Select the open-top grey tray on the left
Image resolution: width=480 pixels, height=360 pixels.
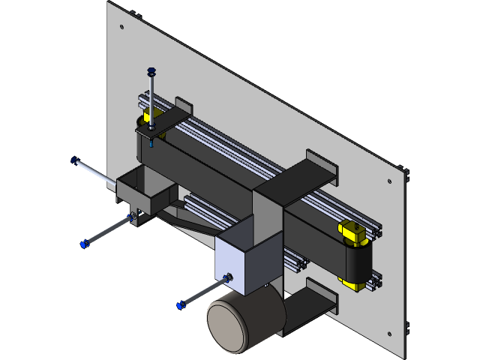142,187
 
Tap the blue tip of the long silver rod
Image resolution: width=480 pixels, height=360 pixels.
74,159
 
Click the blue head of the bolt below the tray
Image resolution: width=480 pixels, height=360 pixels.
84,244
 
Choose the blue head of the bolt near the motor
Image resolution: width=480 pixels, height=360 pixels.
180,304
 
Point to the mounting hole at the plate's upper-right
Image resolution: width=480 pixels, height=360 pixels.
388,181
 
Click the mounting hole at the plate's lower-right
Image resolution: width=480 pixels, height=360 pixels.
388,334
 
